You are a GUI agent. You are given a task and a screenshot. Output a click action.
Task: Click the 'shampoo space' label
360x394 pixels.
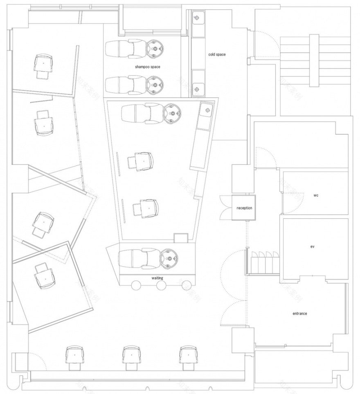pos(147,66)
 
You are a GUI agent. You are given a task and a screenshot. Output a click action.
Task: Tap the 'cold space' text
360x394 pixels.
pos(217,54)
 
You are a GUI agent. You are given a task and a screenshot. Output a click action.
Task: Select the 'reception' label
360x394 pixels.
pos(244,208)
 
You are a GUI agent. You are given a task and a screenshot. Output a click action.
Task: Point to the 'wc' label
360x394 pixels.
pos(316,195)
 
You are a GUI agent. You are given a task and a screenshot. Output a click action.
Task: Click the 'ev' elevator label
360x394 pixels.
pos(312,247)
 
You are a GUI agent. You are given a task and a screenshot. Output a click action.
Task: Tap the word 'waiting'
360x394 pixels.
pos(157,278)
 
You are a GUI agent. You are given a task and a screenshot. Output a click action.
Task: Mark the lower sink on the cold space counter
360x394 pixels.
pos(197,87)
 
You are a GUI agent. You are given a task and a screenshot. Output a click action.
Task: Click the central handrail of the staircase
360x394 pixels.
pos(314,60)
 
